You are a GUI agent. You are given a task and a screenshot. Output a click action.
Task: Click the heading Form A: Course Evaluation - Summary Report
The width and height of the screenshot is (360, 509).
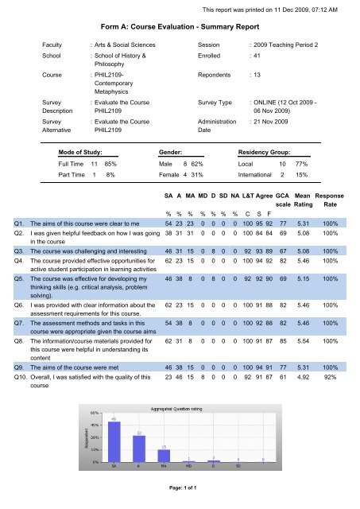(180, 25)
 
